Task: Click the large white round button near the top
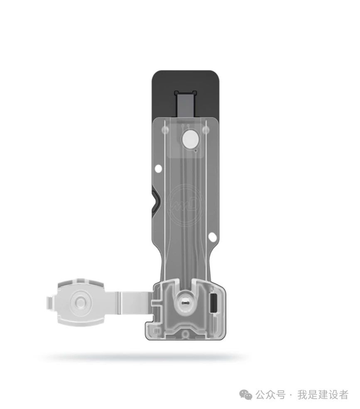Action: [190, 139]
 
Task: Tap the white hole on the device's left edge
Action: [158, 168]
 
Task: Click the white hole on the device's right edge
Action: [212, 237]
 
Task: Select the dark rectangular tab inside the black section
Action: [186, 105]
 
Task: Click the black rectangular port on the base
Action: [213, 303]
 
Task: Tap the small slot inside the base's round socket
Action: [186, 302]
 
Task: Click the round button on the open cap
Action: [81, 302]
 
